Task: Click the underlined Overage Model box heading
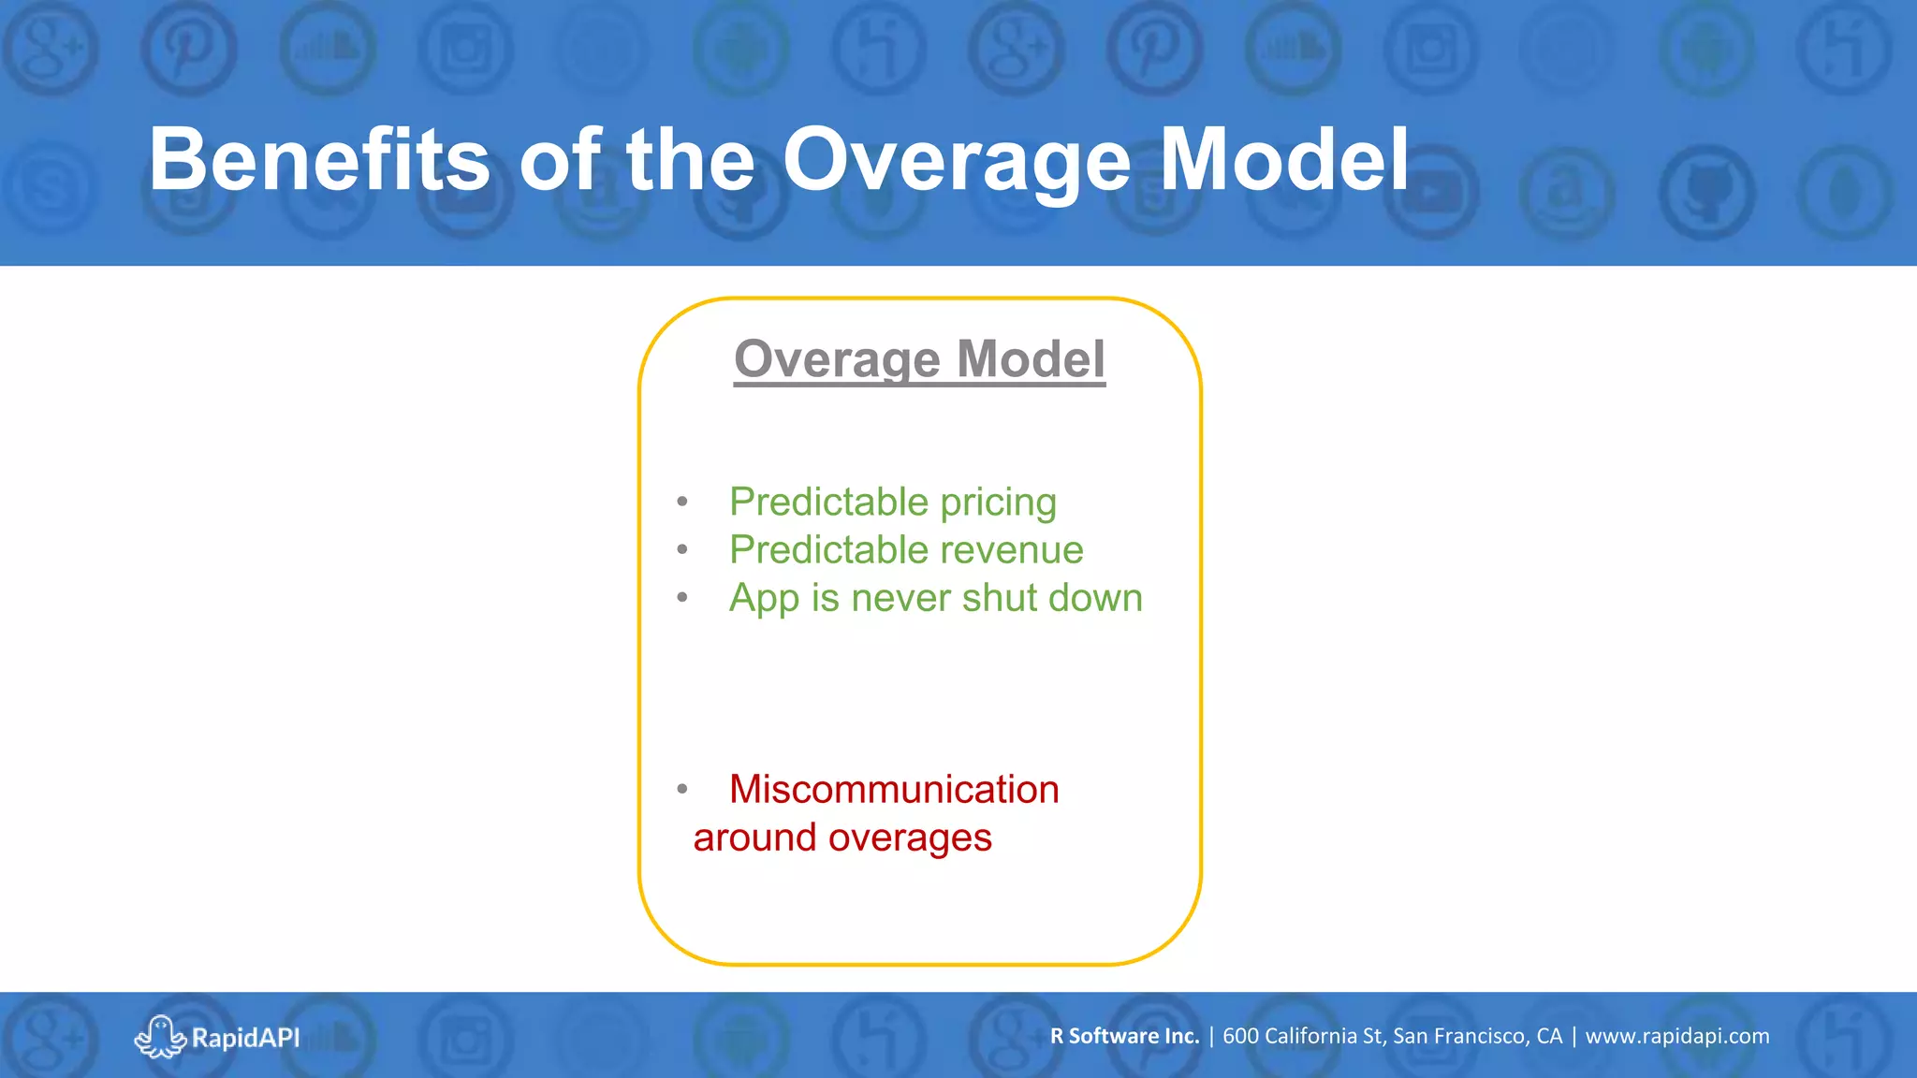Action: coord(919,359)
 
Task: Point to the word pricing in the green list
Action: coord(998,503)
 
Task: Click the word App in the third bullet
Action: coord(763,599)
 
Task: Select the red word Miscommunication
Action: coord(894,790)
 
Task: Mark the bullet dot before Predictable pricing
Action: coord(682,503)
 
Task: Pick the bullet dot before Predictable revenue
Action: coord(682,550)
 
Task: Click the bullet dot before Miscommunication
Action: coord(682,790)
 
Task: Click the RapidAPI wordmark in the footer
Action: coord(245,1038)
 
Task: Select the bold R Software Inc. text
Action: coord(1124,1036)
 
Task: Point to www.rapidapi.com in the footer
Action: coord(1676,1036)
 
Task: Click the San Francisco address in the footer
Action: coord(1392,1036)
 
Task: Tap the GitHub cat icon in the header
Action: coord(1707,193)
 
